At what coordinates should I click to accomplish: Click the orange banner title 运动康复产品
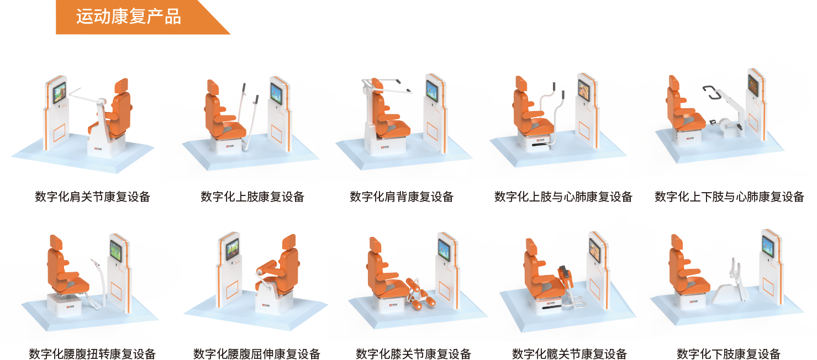click(x=128, y=17)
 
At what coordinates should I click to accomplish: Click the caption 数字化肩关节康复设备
click(x=93, y=197)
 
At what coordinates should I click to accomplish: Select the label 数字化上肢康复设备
click(x=252, y=197)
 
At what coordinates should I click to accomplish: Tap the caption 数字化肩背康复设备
click(x=402, y=197)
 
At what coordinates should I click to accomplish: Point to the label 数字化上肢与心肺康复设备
click(x=563, y=197)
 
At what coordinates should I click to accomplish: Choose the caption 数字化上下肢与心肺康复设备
click(x=730, y=197)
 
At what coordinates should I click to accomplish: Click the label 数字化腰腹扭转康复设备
click(x=92, y=353)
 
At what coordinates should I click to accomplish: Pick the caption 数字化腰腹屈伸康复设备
click(x=257, y=353)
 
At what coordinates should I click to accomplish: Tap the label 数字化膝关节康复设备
click(x=414, y=353)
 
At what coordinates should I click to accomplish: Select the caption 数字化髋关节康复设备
click(x=570, y=353)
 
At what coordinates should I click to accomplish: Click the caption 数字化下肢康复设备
click(x=729, y=353)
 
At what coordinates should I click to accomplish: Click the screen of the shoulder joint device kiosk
click(x=60, y=93)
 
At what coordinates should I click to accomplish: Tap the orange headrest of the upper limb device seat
click(x=213, y=87)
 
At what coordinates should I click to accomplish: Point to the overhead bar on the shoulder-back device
click(x=387, y=86)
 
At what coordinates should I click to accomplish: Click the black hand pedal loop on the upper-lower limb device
click(x=711, y=92)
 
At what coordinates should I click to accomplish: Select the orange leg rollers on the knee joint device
click(x=419, y=293)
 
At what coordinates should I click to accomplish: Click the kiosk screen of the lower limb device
click(x=768, y=246)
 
